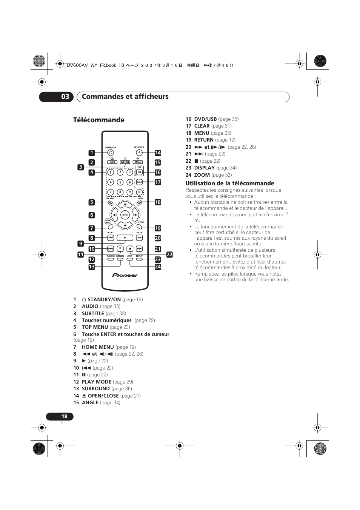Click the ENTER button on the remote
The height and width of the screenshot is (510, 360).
coord(125,215)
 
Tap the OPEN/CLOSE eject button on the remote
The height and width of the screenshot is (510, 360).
coord(139,153)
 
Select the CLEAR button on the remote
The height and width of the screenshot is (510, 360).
coord(139,182)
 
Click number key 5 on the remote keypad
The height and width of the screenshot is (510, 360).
coord(120,182)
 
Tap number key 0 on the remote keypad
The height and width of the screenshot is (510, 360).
coord(139,192)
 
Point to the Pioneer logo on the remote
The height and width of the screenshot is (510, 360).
coord(125,275)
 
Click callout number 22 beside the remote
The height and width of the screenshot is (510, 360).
coord(169,255)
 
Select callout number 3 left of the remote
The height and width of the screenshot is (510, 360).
coord(80,167)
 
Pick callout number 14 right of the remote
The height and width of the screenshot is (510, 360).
coord(158,153)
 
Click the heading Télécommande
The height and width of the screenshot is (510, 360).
coord(99,120)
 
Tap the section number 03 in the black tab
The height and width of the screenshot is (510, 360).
coord(65,97)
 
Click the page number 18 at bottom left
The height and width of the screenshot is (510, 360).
coord(64,416)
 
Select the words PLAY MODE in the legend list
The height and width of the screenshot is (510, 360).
coord(97,382)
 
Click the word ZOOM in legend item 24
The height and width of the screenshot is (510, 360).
coord(202,175)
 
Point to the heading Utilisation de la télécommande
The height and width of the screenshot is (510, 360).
coord(230,183)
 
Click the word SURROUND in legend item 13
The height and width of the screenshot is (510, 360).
coord(96,388)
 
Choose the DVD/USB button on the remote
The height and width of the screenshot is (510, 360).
coord(139,172)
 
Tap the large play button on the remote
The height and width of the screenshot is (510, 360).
coord(125,238)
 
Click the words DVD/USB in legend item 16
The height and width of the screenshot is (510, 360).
coord(205,119)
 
